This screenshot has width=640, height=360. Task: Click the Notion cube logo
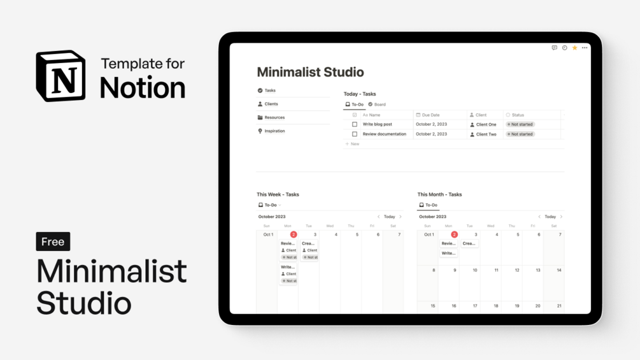(x=60, y=76)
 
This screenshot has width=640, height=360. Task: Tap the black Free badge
(x=53, y=241)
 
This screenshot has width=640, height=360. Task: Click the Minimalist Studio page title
(x=310, y=72)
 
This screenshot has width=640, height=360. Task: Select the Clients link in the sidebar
(x=271, y=104)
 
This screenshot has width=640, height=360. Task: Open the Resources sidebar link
(x=274, y=117)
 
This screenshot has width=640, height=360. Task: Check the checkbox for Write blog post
(x=355, y=124)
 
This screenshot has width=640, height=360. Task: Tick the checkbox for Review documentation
(x=355, y=134)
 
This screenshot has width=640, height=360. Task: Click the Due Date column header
(x=430, y=115)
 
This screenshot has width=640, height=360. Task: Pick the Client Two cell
(x=486, y=134)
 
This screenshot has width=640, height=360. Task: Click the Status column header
(x=517, y=115)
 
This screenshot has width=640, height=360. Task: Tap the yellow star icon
(x=574, y=48)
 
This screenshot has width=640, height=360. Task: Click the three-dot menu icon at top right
(x=585, y=48)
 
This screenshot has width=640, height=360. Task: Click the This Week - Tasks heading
(x=278, y=194)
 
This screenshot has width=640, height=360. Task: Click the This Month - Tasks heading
(x=439, y=194)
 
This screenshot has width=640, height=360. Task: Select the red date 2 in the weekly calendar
(x=294, y=234)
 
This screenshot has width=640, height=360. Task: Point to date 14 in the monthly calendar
(x=558, y=270)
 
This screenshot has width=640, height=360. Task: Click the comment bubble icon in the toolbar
(x=554, y=48)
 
